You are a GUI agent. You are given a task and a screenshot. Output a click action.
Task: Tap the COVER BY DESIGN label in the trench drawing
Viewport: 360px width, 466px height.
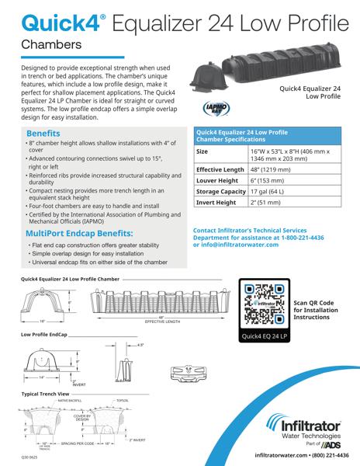click(x=81, y=418)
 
